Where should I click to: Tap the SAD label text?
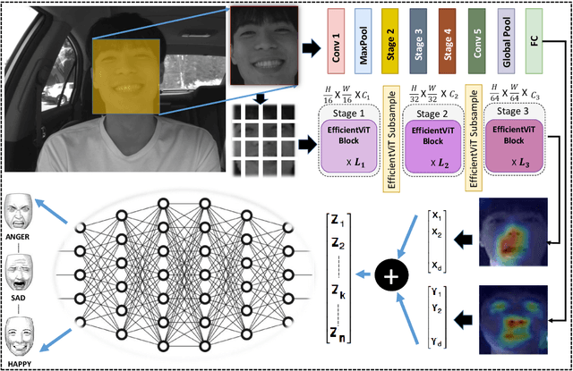[x=20, y=300]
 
